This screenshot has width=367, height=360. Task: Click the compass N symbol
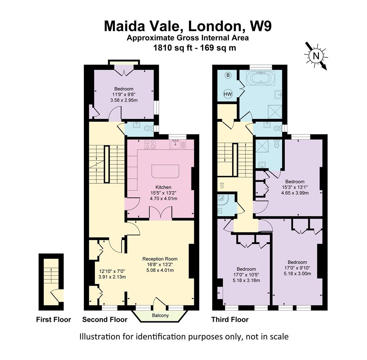pos(315,56)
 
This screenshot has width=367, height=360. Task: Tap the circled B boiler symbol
pos(228,75)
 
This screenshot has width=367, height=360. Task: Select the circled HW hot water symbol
pos(228,94)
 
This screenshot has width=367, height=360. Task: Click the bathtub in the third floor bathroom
pos(261,78)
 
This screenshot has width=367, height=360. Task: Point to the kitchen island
pos(165,171)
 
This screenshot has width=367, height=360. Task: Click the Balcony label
pos(161,315)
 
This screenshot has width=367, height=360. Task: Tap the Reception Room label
pos(160,259)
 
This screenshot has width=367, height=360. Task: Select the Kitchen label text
pos(163,187)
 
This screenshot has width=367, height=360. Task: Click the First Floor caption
pos(53,320)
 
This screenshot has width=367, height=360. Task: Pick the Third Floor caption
pos(230,320)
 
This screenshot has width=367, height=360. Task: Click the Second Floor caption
pos(105,320)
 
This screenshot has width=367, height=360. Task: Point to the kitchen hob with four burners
pos(150,144)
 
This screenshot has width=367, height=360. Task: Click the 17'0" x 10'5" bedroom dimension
pos(246,275)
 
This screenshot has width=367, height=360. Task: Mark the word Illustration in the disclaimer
pos(99,337)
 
